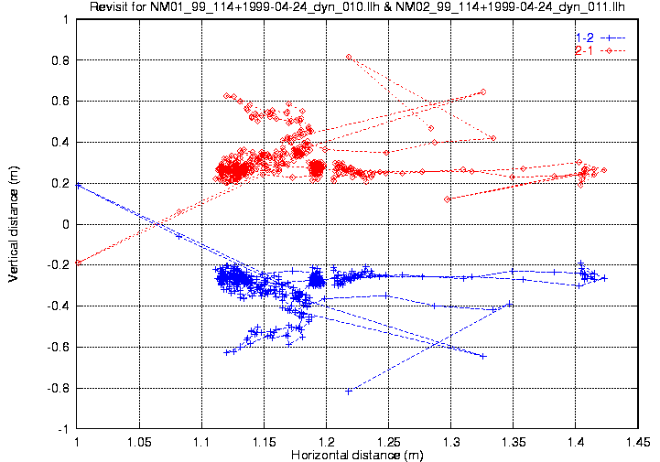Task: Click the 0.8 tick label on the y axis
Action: [62, 60]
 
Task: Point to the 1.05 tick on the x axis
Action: [139, 441]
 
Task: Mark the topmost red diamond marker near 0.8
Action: [349, 57]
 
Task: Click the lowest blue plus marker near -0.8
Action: [349, 392]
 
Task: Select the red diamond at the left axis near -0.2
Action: [77, 263]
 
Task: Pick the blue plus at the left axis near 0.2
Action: [77, 184]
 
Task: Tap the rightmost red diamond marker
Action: [604, 170]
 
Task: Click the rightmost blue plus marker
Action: [604, 278]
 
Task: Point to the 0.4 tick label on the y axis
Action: [62, 142]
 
